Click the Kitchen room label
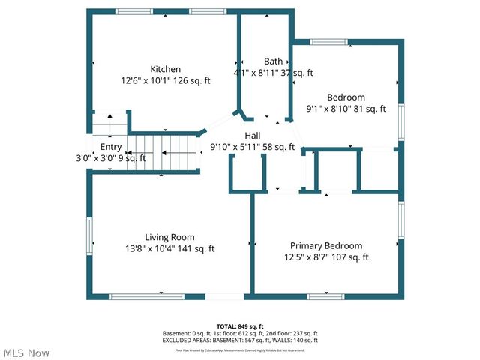[x=165, y=68]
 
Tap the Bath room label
[x=273, y=61]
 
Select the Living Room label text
[x=170, y=237]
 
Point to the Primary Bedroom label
[x=326, y=245]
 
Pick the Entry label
[x=110, y=147]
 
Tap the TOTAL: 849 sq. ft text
[x=240, y=326]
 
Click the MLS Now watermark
[x=26, y=352]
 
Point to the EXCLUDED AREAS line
[x=240, y=340]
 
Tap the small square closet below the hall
[x=248, y=175]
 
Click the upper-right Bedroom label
[x=346, y=97]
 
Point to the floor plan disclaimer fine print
[x=240, y=349]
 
